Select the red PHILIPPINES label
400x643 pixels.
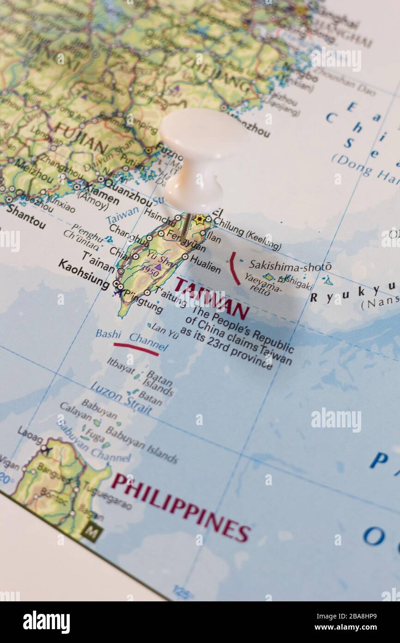pyautogui.click(x=181, y=507)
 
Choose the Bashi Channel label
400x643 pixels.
pyautogui.click(x=132, y=339)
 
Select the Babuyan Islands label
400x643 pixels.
pyautogui.click(x=142, y=444)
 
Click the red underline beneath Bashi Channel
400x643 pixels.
pyautogui.click(x=136, y=349)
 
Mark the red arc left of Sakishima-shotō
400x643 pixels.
pyautogui.click(x=234, y=268)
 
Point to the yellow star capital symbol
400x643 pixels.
pyautogui.click(x=200, y=219)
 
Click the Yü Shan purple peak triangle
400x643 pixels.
pyautogui.click(x=158, y=267)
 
